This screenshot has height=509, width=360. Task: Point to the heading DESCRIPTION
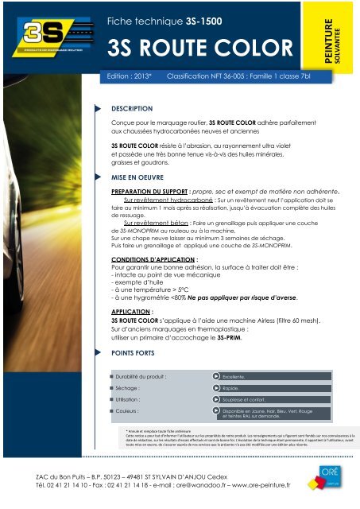point(132,107)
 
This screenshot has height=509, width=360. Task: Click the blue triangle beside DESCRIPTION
point(98,106)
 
